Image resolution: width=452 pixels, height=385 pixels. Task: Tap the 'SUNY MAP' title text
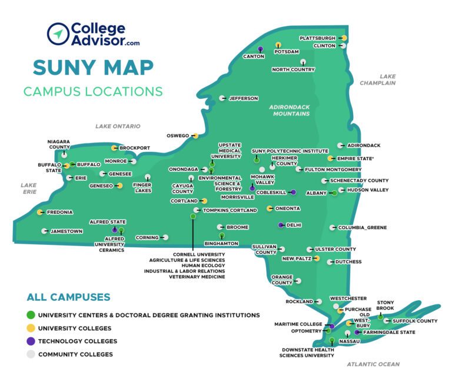[94, 67]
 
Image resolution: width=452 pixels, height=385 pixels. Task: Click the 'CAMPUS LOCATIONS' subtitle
[93, 92]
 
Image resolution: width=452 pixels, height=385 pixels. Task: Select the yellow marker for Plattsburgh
[344, 38]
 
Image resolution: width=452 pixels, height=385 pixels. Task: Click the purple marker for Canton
[260, 49]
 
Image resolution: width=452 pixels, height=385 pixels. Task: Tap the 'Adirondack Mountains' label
[289, 110]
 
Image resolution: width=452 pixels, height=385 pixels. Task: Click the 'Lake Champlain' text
[387, 79]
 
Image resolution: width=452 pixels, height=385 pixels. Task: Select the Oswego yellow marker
[195, 135]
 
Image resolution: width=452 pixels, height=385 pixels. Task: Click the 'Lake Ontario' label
[118, 126]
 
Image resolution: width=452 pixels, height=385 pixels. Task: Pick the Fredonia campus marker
[40, 212]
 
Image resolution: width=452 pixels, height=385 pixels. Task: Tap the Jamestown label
[67, 231]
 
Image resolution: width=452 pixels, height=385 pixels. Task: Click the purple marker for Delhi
[281, 225]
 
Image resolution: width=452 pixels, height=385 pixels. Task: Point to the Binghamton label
[221, 243]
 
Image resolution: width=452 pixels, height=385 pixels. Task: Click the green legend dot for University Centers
[31, 316]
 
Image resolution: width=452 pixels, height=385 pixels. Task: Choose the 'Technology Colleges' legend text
[78, 341]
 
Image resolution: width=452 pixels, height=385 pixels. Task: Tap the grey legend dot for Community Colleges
[31, 354]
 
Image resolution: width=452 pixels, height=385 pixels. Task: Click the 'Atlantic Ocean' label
[373, 364]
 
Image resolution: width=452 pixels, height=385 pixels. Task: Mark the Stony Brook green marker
[380, 317]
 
